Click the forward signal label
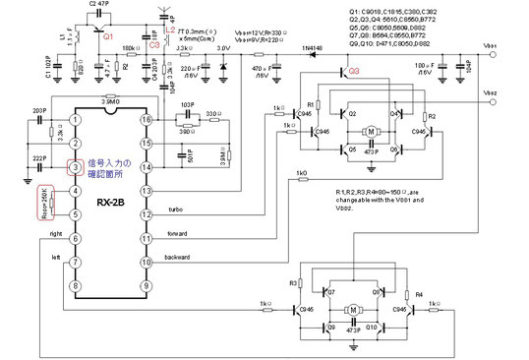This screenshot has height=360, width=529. coord(178,233)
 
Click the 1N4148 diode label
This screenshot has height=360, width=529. coord(313,47)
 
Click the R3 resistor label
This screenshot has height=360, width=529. coord(292,283)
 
